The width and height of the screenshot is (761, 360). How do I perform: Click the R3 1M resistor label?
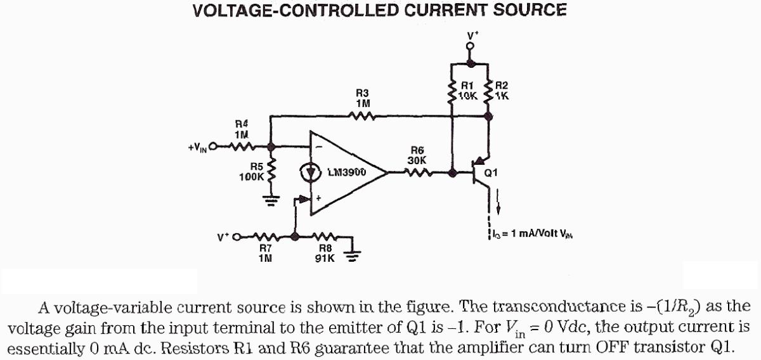(363, 97)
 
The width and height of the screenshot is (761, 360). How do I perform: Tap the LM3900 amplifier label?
(348, 172)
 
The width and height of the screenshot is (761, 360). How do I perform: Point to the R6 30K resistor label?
(417, 155)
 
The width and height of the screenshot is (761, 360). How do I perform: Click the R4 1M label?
(242, 129)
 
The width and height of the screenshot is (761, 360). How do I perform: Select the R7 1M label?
(265, 254)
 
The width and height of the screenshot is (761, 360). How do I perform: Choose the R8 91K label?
(325, 254)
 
